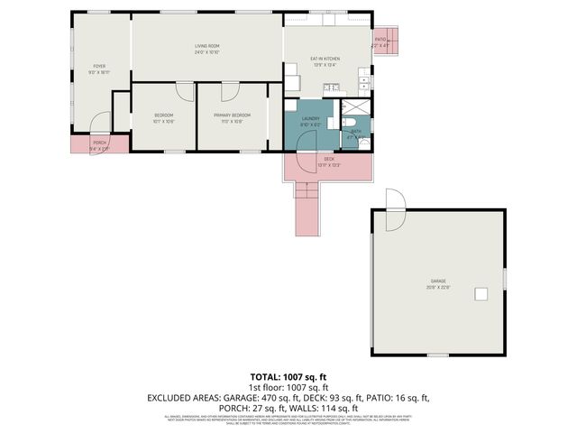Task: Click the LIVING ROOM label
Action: click(x=207, y=46)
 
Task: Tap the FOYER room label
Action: click(x=98, y=66)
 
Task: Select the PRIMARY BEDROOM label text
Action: click(x=232, y=115)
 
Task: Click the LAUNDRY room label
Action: click(x=311, y=118)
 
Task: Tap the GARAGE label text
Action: click(x=437, y=281)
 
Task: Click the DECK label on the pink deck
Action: click(x=327, y=160)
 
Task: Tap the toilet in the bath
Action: click(x=354, y=127)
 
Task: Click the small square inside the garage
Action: click(x=482, y=293)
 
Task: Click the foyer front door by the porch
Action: click(x=100, y=123)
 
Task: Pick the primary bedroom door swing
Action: click(x=230, y=90)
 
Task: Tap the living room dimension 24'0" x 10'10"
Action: click(x=207, y=53)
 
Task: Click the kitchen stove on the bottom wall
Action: click(x=331, y=88)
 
